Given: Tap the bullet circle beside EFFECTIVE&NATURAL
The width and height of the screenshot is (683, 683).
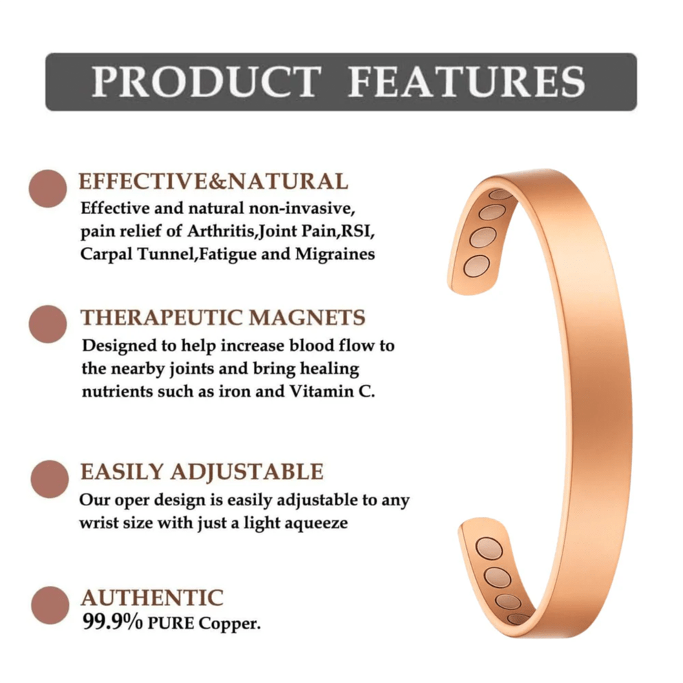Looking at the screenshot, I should [x=48, y=188].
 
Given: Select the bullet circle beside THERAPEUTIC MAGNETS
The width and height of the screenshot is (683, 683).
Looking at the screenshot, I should [x=48, y=324].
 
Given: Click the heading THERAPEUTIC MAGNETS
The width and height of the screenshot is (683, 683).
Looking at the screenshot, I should [x=223, y=317].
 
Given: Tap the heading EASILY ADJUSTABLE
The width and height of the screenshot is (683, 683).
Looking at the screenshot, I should [x=202, y=472].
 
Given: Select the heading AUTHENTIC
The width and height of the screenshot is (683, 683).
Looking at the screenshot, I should [x=151, y=597].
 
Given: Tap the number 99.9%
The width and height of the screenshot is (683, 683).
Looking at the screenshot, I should [x=112, y=622].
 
